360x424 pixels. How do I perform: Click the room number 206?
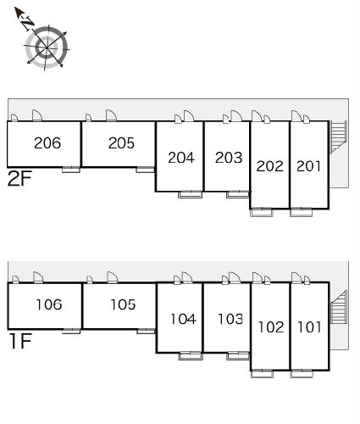coord(47,143)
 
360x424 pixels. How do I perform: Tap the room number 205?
coord(121,143)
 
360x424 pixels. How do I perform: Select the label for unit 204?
coord(181,158)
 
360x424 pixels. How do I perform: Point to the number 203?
coord(229,158)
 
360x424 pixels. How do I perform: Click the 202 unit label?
coord(270,166)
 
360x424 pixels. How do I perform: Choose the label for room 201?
coord(308,166)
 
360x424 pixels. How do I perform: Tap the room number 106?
coord(49,304)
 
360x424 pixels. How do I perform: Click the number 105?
coord(123,304)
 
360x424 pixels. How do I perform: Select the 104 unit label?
coord(183,319)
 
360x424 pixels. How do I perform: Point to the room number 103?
coord(230,319)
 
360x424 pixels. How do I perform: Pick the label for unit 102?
coord(271,327)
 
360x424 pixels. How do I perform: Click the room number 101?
coord(310,327)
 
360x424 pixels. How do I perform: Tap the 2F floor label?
coord(19,179)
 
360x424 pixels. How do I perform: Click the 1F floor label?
coord(20,341)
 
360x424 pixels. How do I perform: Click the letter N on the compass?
coord(28,23)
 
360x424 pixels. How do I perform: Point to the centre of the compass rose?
coord(47,47)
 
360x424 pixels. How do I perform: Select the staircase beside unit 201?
coord(338,137)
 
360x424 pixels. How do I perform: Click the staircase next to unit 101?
coord(339,307)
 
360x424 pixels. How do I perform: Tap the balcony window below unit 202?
coord(262,213)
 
